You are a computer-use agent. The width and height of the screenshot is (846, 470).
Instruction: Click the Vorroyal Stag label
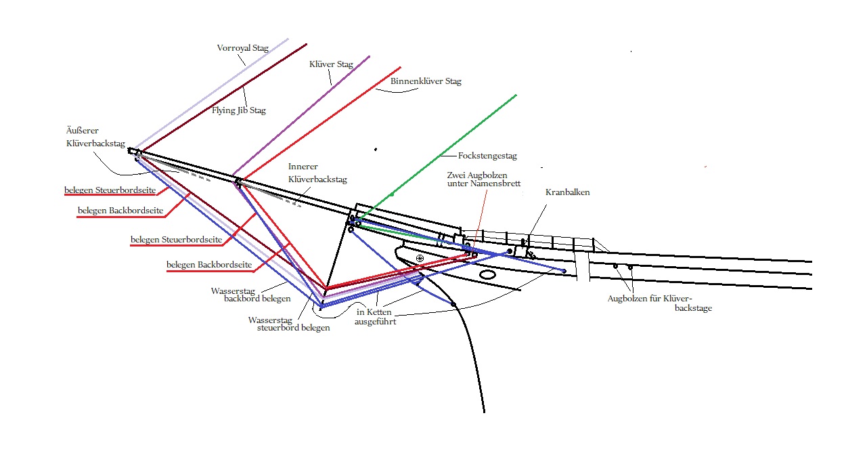[x=242, y=48]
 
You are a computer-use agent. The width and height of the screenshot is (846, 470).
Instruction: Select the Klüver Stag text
[x=331, y=65]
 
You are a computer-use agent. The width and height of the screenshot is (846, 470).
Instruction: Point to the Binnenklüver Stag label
[x=426, y=81]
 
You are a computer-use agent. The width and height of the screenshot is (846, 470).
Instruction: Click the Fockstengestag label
[x=487, y=156]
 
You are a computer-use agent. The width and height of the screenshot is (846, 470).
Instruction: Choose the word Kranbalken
[x=567, y=192]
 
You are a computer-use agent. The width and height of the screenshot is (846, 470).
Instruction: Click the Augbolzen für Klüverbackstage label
[x=659, y=303]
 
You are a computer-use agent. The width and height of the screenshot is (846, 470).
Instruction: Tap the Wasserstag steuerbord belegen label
[x=289, y=324]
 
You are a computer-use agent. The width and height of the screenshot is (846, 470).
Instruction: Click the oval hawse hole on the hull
[x=487, y=275]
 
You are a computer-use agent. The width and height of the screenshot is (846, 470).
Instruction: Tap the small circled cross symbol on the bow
[x=420, y=258]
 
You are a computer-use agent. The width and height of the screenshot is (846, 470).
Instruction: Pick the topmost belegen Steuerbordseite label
[x=110, y=190]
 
